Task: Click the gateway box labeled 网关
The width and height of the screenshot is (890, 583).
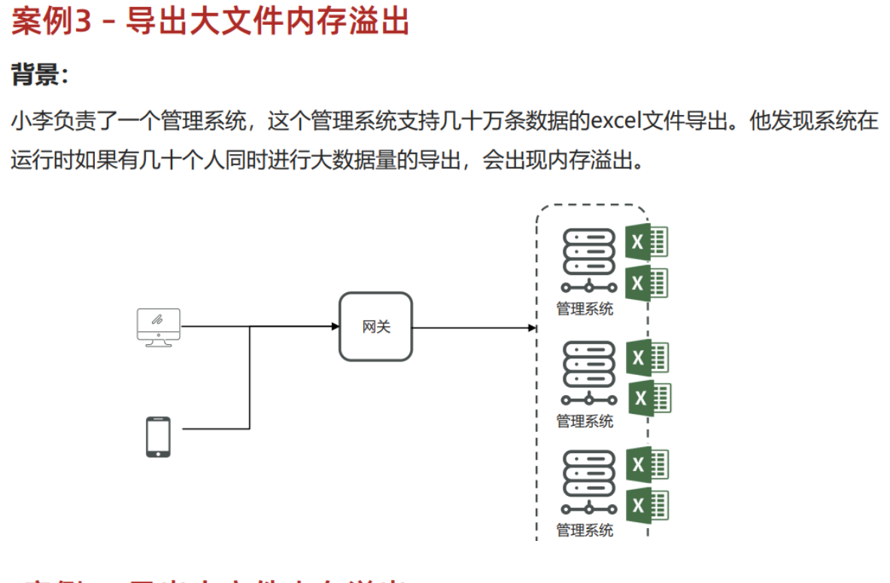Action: tap(376, 327)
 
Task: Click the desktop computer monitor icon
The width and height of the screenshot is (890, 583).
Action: tap(158, 327)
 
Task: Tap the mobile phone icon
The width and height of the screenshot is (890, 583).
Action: tap(158, 436)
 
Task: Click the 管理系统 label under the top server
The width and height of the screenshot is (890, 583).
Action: tap(585, 309)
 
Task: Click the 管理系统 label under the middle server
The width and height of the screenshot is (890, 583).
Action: tap(585, 421)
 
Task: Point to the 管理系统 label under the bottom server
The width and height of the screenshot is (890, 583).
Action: tap(585, 530)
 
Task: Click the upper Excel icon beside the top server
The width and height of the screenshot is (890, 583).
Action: tap(646, 242)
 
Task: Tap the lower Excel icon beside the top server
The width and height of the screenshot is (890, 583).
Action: tap(646, 282)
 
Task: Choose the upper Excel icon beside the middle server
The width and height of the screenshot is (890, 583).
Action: tap(647, 358)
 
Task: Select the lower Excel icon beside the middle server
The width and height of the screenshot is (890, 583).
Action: tap(649, 397)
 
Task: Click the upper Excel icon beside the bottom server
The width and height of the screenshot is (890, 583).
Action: tap(647, 464)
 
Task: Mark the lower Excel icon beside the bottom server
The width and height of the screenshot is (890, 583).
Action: tap(647, 505)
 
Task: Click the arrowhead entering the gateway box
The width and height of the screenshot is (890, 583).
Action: tap(336, 326)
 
